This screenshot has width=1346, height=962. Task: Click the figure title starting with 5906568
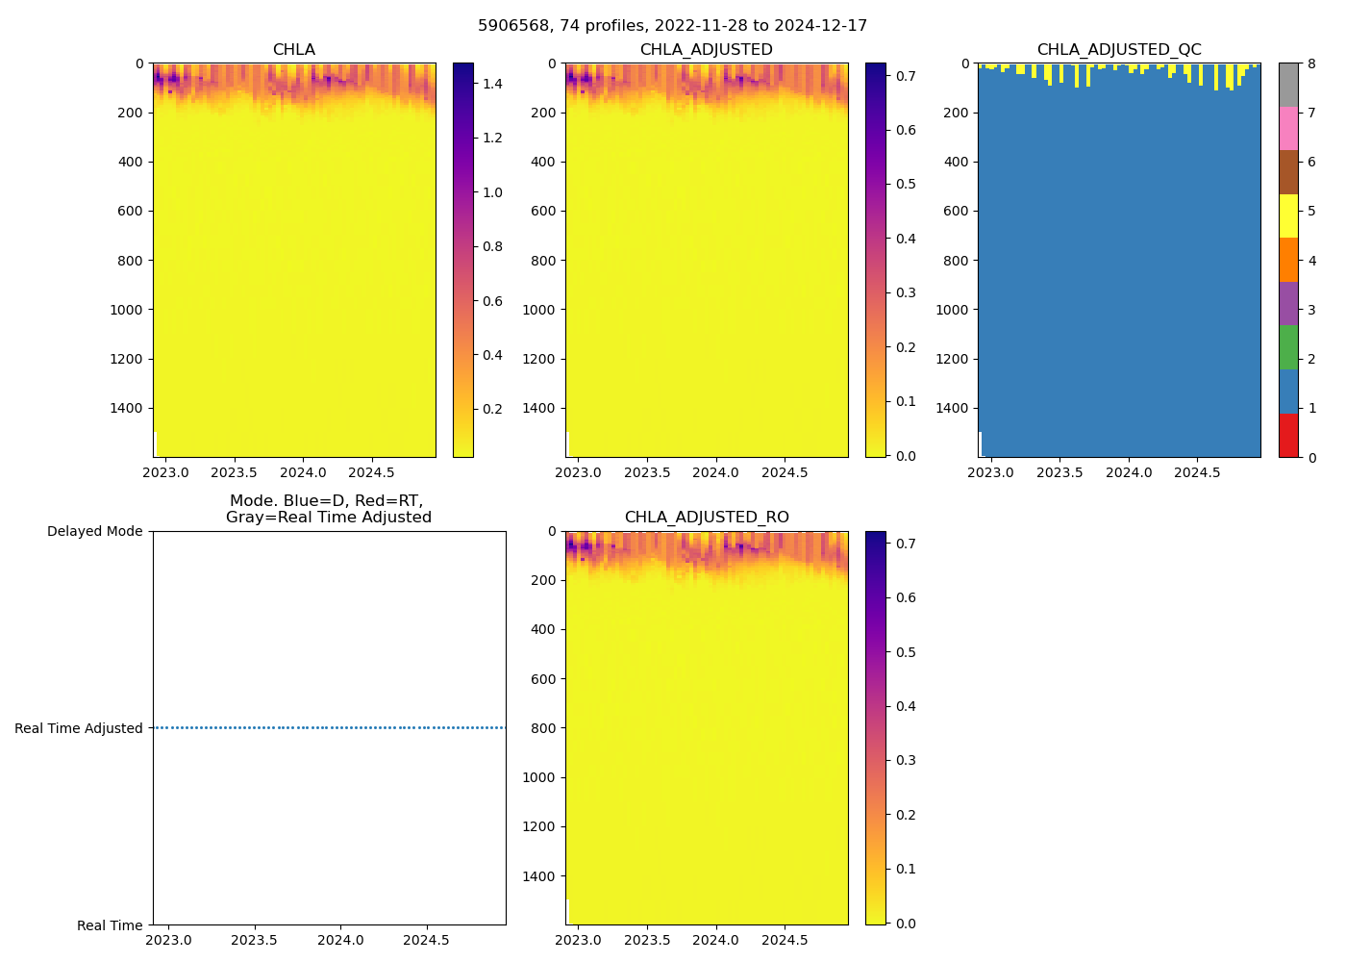coord(672,26)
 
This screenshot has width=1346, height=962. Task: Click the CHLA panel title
coord(293,50)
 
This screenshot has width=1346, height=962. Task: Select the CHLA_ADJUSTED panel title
coord(706,50)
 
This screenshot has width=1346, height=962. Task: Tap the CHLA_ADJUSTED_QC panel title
coord(1119,50)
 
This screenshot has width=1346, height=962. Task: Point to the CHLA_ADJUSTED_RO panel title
coord(706,518)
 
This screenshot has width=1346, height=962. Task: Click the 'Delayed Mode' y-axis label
coord(94,531)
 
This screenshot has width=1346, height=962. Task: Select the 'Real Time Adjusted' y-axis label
coord(79,728)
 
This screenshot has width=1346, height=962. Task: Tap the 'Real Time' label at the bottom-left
coord(110,925)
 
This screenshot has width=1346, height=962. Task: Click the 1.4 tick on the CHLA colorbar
coord(492,85)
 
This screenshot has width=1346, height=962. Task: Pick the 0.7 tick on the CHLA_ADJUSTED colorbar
coord(905,76)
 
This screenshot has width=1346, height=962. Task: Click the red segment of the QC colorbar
coord(1288,435)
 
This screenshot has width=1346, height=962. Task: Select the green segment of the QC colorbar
coord(1288,347)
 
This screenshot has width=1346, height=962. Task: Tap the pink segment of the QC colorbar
coord(1288,128)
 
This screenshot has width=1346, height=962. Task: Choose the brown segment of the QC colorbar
coord(1288,172)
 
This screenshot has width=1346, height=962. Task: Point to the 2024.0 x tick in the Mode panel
coord(340,940)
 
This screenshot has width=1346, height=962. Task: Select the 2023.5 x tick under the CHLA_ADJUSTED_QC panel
coord(1059,472)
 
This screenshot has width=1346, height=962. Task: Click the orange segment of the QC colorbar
coord(1288,260)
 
